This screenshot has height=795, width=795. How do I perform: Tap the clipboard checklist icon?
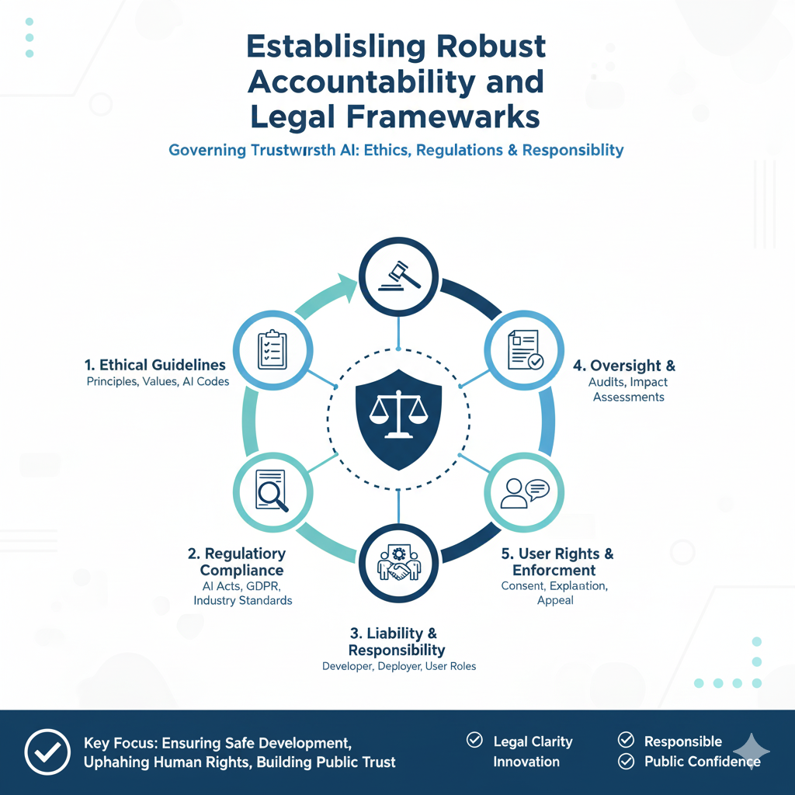click(273, 351)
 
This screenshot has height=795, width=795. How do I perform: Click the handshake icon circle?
click(397, 563)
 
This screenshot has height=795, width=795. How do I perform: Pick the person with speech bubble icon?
click(524, 492)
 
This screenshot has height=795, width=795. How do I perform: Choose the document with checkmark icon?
click(524, 350)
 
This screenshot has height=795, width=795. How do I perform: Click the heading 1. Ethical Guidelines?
click(156, 365)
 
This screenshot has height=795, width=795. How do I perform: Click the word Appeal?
click(555, 600)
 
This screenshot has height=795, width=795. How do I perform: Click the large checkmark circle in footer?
click(47, 751)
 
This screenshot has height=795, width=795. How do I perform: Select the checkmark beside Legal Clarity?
click(474, 741)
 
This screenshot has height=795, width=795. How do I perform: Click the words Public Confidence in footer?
click(702, 762)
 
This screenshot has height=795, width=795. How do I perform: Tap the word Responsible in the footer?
click(683, 741)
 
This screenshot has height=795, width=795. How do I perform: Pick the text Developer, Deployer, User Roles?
click(398, 666)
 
